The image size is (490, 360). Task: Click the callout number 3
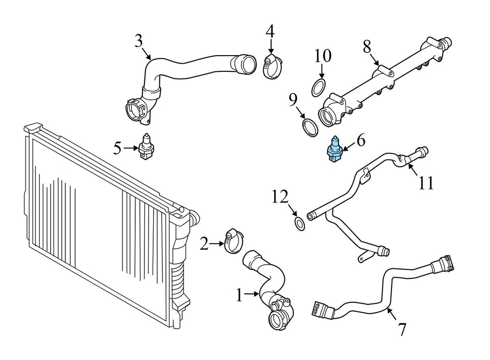pyautogui.click(x=138, y=41)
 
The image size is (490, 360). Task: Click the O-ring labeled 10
pyautogui.click(x=318, y=87)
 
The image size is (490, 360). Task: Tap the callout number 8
pyautogui.click(x=366, y=47)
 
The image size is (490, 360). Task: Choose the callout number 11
pyautogui.click(x=426, y=182)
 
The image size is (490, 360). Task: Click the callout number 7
pyautogui.click(x=402, y=329)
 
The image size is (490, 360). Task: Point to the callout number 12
pyautogui.click(x=280, y=197)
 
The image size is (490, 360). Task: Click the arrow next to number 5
pyautogui.click(x=131, y=149)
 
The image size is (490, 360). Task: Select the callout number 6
pyautogui.click(x=360, y=140)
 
